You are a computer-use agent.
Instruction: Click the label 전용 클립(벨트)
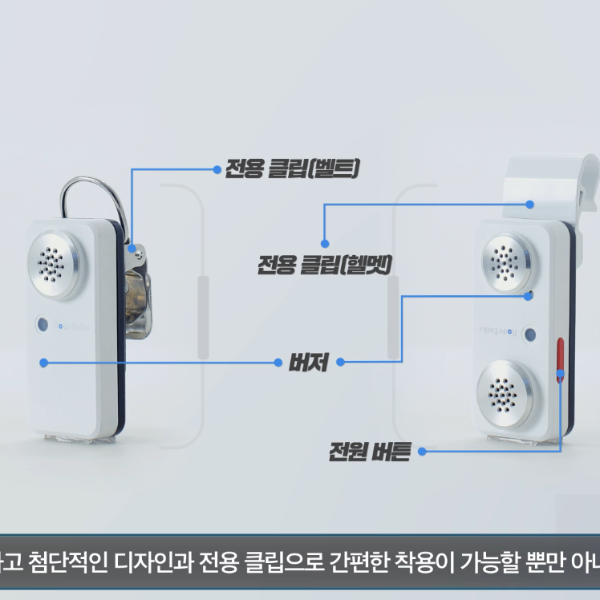(292, 169)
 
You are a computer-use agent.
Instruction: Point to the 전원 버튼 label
(369, 452)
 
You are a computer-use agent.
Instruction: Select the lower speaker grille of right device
(505, 393)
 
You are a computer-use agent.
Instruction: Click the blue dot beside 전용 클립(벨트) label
(217, 169)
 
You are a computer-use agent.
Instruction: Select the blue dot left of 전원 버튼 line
(421, 452)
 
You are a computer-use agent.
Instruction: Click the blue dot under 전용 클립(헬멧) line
(325, 242)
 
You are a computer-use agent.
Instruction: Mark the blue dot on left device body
(43, 362)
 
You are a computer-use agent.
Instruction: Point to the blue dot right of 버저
(341, 362)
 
